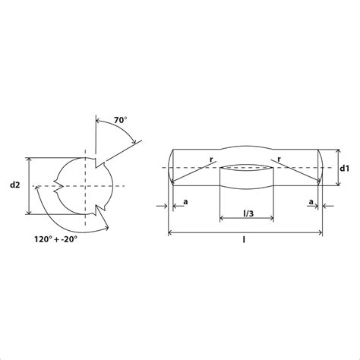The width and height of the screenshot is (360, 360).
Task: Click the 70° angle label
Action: click(x=120, y=120)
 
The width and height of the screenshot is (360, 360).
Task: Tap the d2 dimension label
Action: click(x=14, y=185)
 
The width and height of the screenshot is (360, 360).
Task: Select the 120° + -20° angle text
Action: click(x=55, y=239)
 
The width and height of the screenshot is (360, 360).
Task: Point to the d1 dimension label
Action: click(x=345, y=168)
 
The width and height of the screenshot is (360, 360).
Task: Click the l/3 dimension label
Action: click(x=248, y=213)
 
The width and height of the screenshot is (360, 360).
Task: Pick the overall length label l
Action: click(x=244, y=239)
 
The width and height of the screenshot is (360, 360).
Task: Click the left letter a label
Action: click(x=185, y=202)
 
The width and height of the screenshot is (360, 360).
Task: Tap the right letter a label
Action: click(x=311, y=202)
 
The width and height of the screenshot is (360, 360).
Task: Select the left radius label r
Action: click(x=211, y=159)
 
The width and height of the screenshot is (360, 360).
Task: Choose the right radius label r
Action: click(x=279, y=159)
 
